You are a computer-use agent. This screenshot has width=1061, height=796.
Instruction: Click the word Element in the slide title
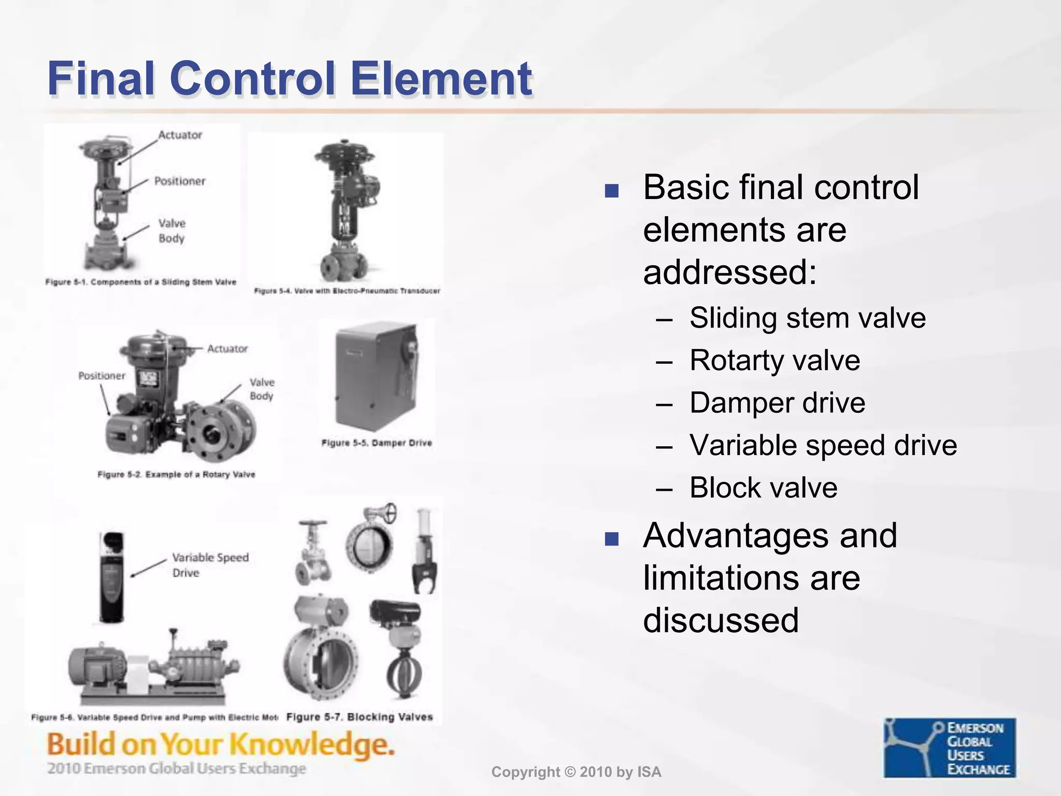click(441, 79)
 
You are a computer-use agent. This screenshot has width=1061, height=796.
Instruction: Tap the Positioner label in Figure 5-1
click(179, 181)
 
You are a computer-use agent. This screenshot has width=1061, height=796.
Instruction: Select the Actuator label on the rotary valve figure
click(227, 349)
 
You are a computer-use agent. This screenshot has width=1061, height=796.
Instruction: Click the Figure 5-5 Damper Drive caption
click(377, 443)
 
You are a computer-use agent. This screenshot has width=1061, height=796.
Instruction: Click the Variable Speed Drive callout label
click(210, 565)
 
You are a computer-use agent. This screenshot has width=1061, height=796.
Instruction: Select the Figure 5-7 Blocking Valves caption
click(360, 717)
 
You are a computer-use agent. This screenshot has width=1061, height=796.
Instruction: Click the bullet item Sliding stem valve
click(807, 318)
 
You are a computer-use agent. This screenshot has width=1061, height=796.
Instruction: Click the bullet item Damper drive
click(777, 403)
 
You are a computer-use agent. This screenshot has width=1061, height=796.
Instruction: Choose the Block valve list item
click(763, 488)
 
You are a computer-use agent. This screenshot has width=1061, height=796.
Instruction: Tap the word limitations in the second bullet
click(751, 578)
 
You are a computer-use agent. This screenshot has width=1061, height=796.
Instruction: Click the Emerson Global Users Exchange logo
click(950, 747)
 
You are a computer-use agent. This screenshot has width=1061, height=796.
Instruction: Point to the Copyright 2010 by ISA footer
click(576, 772)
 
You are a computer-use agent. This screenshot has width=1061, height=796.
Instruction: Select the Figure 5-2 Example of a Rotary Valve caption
click(176, 474)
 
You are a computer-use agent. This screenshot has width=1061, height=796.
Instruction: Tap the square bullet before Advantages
click(611, 539)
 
